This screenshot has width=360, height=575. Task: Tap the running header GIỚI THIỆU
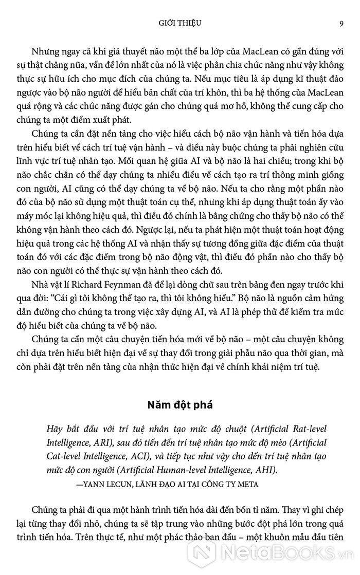[180, 23]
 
